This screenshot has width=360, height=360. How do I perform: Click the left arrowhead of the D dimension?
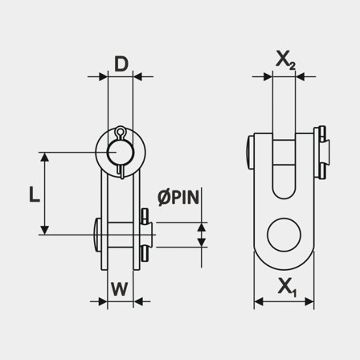[104, 78]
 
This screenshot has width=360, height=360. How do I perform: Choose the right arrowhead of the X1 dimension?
[311, 303]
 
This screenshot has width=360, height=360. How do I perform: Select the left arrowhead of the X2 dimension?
[256, 78]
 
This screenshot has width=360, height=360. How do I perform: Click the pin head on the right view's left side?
[247, 150]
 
